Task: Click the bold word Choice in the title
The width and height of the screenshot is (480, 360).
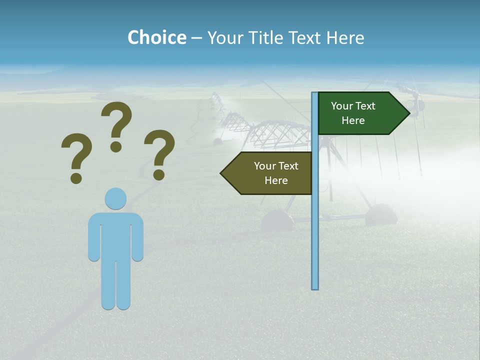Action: [x=156, y=37]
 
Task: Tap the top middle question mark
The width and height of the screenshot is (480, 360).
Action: [x=116, y=125]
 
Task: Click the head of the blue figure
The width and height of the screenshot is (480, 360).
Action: [x=115, y=198]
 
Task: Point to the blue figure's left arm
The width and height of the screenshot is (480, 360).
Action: [x=94, y=237]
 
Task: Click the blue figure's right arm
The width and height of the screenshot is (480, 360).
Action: [x=137, y=237]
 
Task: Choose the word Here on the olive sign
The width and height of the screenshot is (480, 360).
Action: [x=276, y=180]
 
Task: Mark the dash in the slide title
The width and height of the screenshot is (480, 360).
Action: [x=196, y=38]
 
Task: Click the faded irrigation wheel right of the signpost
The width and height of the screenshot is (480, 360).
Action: [x=381, y=215]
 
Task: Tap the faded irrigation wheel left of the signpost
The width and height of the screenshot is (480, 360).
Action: [x=277, y=220]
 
